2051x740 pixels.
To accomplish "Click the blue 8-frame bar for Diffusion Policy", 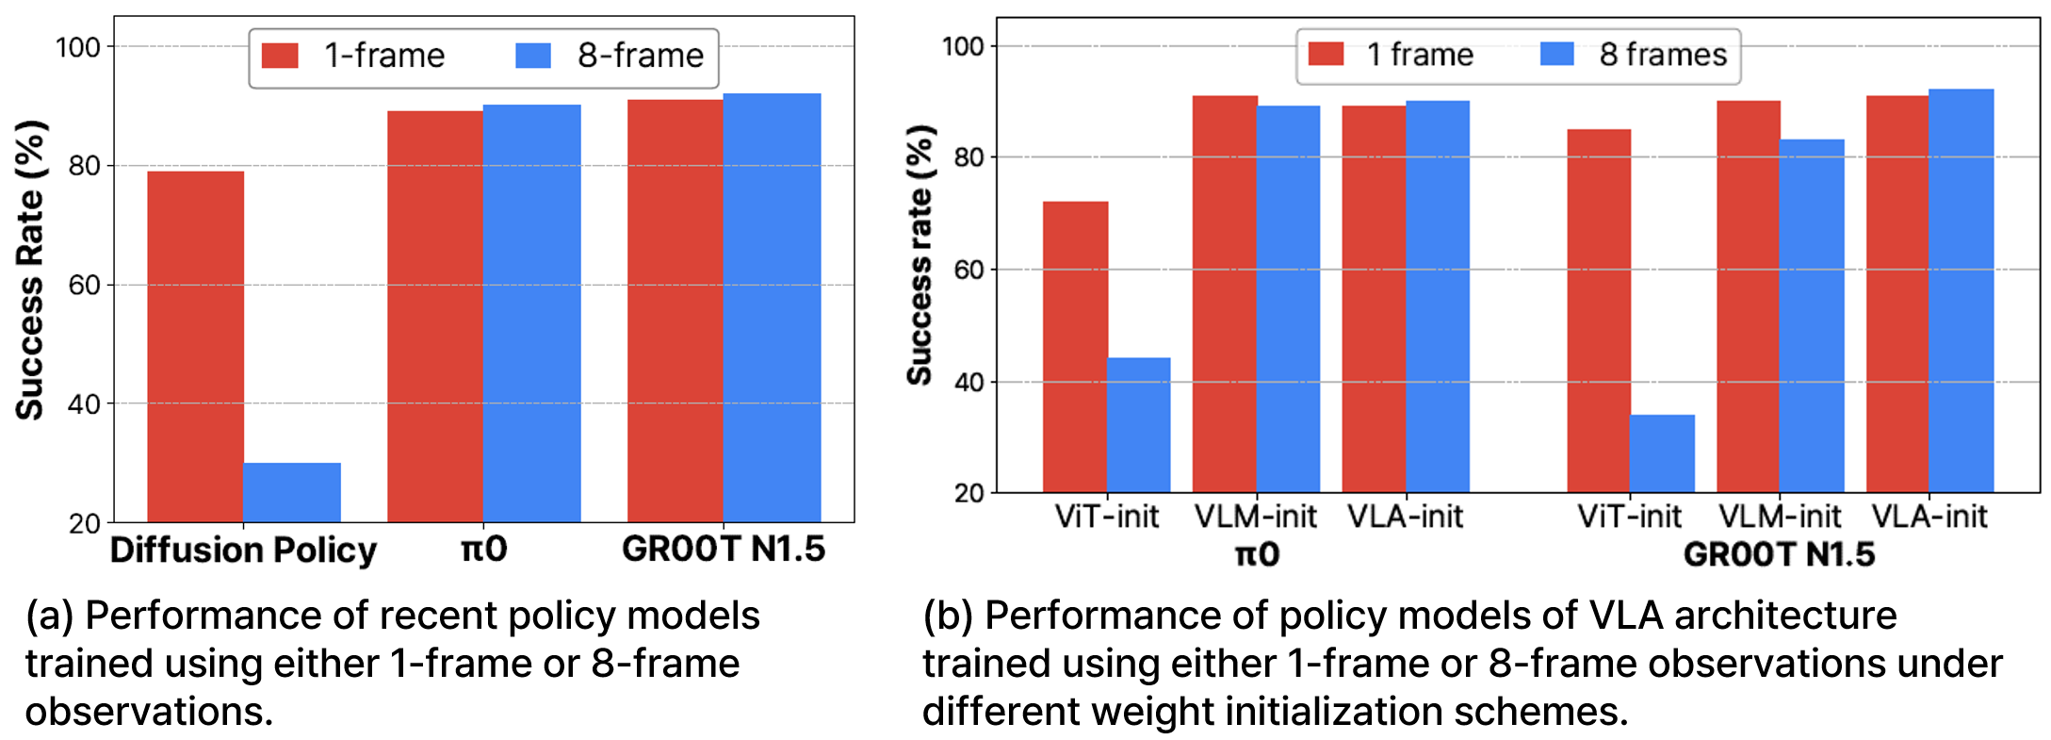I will click(x=291, y=492).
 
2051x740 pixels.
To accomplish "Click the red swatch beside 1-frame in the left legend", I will click(x=280, y=56).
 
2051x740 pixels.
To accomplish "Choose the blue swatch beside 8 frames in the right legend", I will click(x=1556, y=54).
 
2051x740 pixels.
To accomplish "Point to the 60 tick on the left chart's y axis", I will click(x=84, y=285).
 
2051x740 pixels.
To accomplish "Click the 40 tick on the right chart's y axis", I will click(x=969, y=382).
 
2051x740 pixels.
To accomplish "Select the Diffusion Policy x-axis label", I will click(x=243, y=550).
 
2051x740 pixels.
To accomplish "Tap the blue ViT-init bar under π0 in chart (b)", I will click(x=1138, y=425).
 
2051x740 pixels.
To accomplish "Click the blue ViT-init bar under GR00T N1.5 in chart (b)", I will click(x=1662, y=453).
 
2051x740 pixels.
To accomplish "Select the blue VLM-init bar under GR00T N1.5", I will click(x=1811, y=316).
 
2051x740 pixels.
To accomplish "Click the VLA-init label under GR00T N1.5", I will click(x=1929, y=517).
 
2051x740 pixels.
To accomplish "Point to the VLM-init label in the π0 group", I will click(x=1255, y=517).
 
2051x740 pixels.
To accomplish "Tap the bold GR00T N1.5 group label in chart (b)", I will click(x=1779, y=553).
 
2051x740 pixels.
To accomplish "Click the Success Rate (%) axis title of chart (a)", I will click(x=30, y=270).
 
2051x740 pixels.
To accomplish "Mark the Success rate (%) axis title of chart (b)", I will click(x=920, y=255).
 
